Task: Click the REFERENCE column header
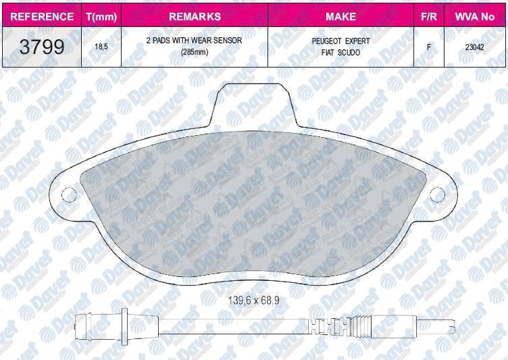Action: click(42, 16)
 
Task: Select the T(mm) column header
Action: click(101, 16)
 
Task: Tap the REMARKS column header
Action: click(195, 16)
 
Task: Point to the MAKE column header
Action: click(340, 16)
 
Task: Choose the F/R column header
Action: click(429, 16)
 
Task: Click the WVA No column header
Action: click(475, 16)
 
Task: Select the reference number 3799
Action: click(42, 47)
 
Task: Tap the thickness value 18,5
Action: click(101, 47)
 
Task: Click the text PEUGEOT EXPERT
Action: click(340, 41)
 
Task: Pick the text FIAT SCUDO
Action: click(340, 53)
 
